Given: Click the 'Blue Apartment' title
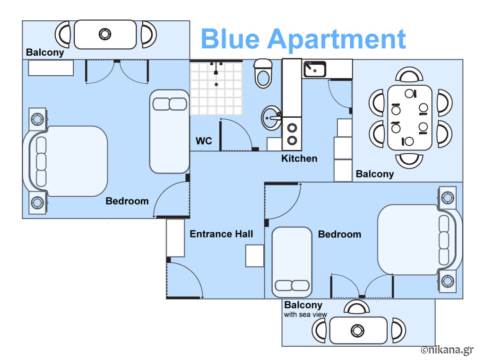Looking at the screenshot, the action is click(x=303, y=39).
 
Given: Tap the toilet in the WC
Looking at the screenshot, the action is click(x=263, y=73).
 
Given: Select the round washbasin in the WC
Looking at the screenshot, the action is click(x=271, y=118).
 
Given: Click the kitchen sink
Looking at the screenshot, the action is click(x=314, y=69).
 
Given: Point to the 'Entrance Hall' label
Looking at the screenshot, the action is click(x=221, y=234).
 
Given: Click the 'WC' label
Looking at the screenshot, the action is click(x=204, y=141).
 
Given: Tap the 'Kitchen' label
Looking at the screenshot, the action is click(x=299, y=158).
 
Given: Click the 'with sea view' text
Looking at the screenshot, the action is click(x=305, y=315).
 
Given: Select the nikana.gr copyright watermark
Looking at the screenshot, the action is click(x=447, y=350).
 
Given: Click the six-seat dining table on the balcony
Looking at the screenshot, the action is click(x=410, y=118).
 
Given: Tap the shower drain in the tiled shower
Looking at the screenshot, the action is click(x=216, y=84).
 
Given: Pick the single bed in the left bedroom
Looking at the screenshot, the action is click(x=169, y=132).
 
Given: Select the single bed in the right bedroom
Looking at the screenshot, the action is click(x=292, y=263).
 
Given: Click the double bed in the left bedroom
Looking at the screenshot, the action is click(x=65, y=161).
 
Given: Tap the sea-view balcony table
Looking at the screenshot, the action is click(x=358, y=330).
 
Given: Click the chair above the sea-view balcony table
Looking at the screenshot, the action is click(x=356, y=307).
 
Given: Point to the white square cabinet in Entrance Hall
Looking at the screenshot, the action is click(x=255, y=256).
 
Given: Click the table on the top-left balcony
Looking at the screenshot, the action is click(x=105, y=35).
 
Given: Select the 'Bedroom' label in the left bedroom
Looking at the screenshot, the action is click(x=127, y=201).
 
